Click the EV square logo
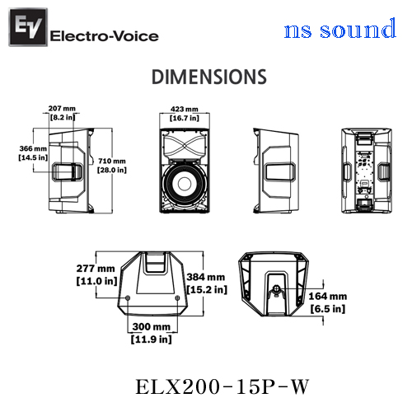[x=28, y=27]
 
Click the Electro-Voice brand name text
[x=105, y=36]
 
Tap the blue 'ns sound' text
[x=340, y=29]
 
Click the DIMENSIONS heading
[x=209, y=77]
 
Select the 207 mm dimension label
[x=62, y=109]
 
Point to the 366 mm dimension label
[x=33, y=148]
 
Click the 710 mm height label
[x=112, y=161]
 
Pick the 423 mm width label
[x=185, y=109]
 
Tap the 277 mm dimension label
[x=96, y=269]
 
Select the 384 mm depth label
[x=206, y=277]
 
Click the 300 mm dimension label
[x=152, y=326]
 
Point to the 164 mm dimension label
[x=328, y=297]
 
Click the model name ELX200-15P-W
[x=222, y=386]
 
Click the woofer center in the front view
[x=185, y=184]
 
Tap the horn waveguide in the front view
[x=185, y=146]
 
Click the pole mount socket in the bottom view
[x=277, y=288]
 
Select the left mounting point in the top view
[x=128, y=298]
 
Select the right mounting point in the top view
[x=177, y=298]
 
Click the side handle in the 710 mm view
[x=68, y=171]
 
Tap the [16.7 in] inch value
[x=185, y=118]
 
